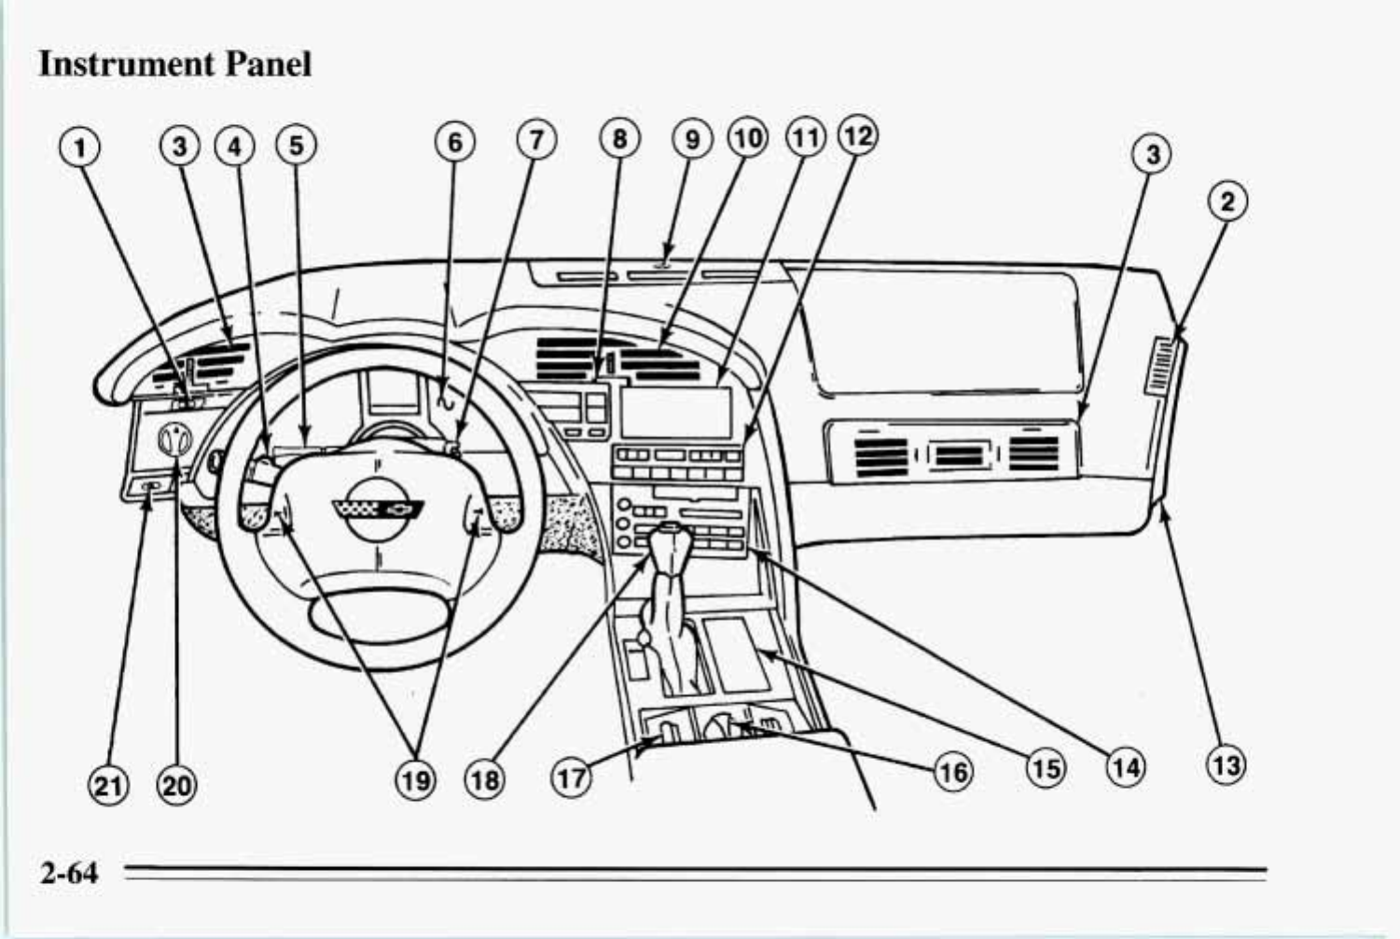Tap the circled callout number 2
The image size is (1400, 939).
click(x=1227, y=202)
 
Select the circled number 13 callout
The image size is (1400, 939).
click(x=1226, y=765)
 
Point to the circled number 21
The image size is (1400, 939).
click(x=108, y=785)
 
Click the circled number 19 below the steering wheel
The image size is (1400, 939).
click(x=415, y=778)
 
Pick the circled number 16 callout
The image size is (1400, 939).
click(x=951, y=772)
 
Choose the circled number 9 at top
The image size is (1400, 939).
click(x=692, y=139)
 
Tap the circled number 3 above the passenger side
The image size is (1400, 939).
click(x=1153, y=154)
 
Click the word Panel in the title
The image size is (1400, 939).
click(x=267, y=63)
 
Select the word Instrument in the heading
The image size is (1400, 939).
click(x=126, y=63)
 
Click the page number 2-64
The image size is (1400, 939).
click(x=69, y=873)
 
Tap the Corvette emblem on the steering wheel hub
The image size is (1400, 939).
click(x=378, y=511)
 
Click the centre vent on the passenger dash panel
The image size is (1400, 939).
click(x=952, y=456)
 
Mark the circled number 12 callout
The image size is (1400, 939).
click(x=858, y=136)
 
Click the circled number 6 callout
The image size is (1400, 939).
click(x=454, y=142)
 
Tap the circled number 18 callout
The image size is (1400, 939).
click(x=485, y=778)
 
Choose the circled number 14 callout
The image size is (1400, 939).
click(x=1127, y=766)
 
